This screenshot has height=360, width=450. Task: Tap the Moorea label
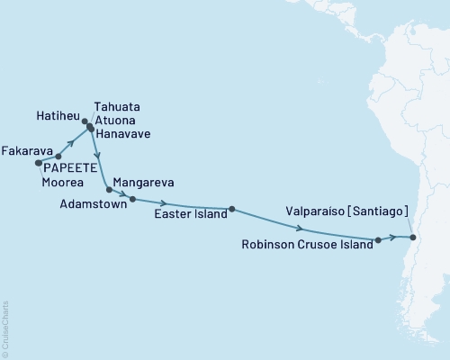pos(64,181)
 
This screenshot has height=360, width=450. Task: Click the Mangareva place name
pos(145,181)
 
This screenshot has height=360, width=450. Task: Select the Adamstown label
pos(88,204)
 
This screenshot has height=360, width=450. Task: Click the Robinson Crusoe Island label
pos(307,244)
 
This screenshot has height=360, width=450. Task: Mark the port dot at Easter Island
pos(232,209)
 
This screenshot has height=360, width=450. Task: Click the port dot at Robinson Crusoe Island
pos(378,240)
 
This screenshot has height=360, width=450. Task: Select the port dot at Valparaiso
pos(412,238)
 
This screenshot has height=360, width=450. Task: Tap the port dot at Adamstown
pos(132,199)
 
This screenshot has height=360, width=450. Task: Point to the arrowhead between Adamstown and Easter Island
pos(165,202)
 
